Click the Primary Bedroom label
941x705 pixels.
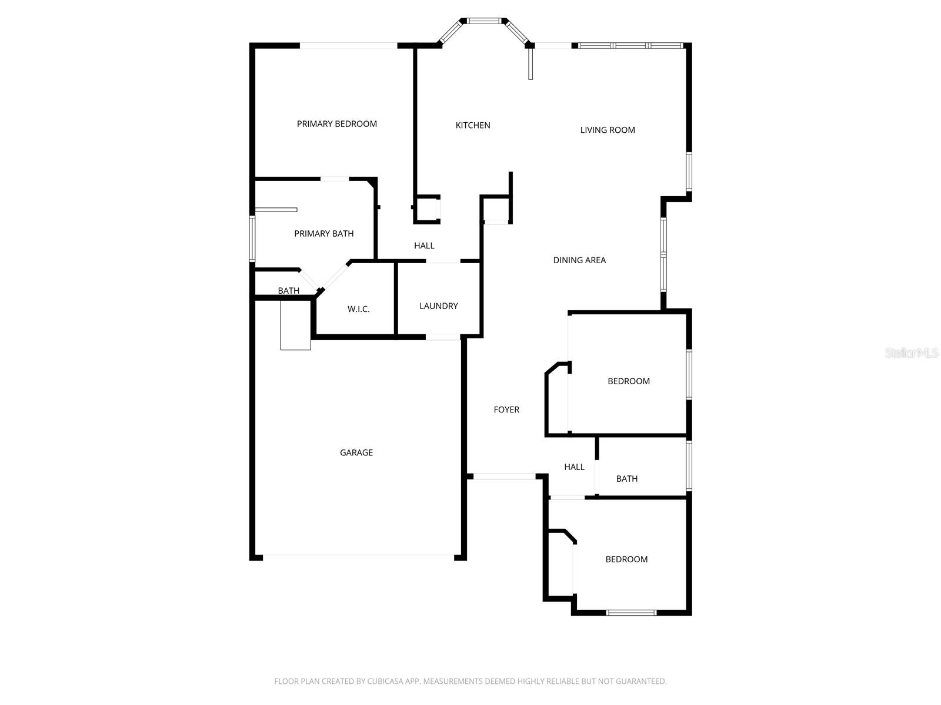click(336, 124)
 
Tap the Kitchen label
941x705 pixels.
click(473, 125)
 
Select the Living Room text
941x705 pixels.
click(608, 130)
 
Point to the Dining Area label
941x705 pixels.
click(579, 260)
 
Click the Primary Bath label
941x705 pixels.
click(323, 234)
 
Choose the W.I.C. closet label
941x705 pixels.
click(358, 309)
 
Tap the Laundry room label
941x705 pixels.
click(438, 306)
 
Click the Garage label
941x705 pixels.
click(356, 452)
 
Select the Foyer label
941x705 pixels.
click(506, 409)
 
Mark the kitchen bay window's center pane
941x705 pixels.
click(483, 21)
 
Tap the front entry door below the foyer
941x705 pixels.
click(505, 476)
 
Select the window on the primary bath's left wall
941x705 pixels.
click(252, 239)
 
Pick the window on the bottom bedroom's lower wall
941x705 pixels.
click(631, 613)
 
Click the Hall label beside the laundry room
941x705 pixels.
click(424, 246)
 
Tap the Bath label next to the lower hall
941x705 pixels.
click(627, 479)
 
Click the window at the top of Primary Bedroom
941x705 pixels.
click(349, 45)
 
